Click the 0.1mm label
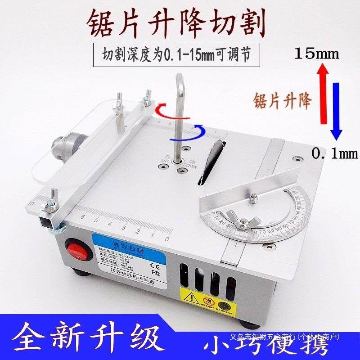point(334,154)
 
